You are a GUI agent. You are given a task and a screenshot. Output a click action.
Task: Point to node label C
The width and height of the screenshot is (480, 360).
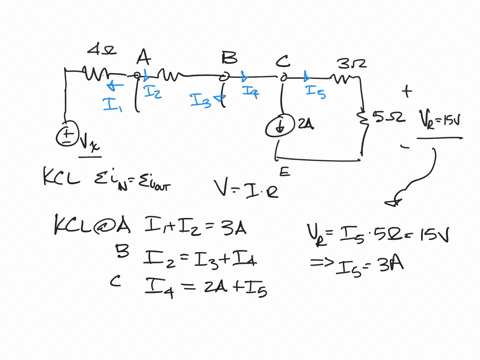[284, 57]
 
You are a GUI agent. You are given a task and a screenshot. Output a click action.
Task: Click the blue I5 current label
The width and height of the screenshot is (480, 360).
[316, 93]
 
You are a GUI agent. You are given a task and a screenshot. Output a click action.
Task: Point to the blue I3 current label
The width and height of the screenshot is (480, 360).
[201, 99]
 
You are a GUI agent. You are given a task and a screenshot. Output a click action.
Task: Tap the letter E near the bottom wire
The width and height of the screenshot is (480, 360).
[284, 171]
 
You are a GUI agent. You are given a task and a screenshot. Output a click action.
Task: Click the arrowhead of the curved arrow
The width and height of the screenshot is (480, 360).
[392, 203]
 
